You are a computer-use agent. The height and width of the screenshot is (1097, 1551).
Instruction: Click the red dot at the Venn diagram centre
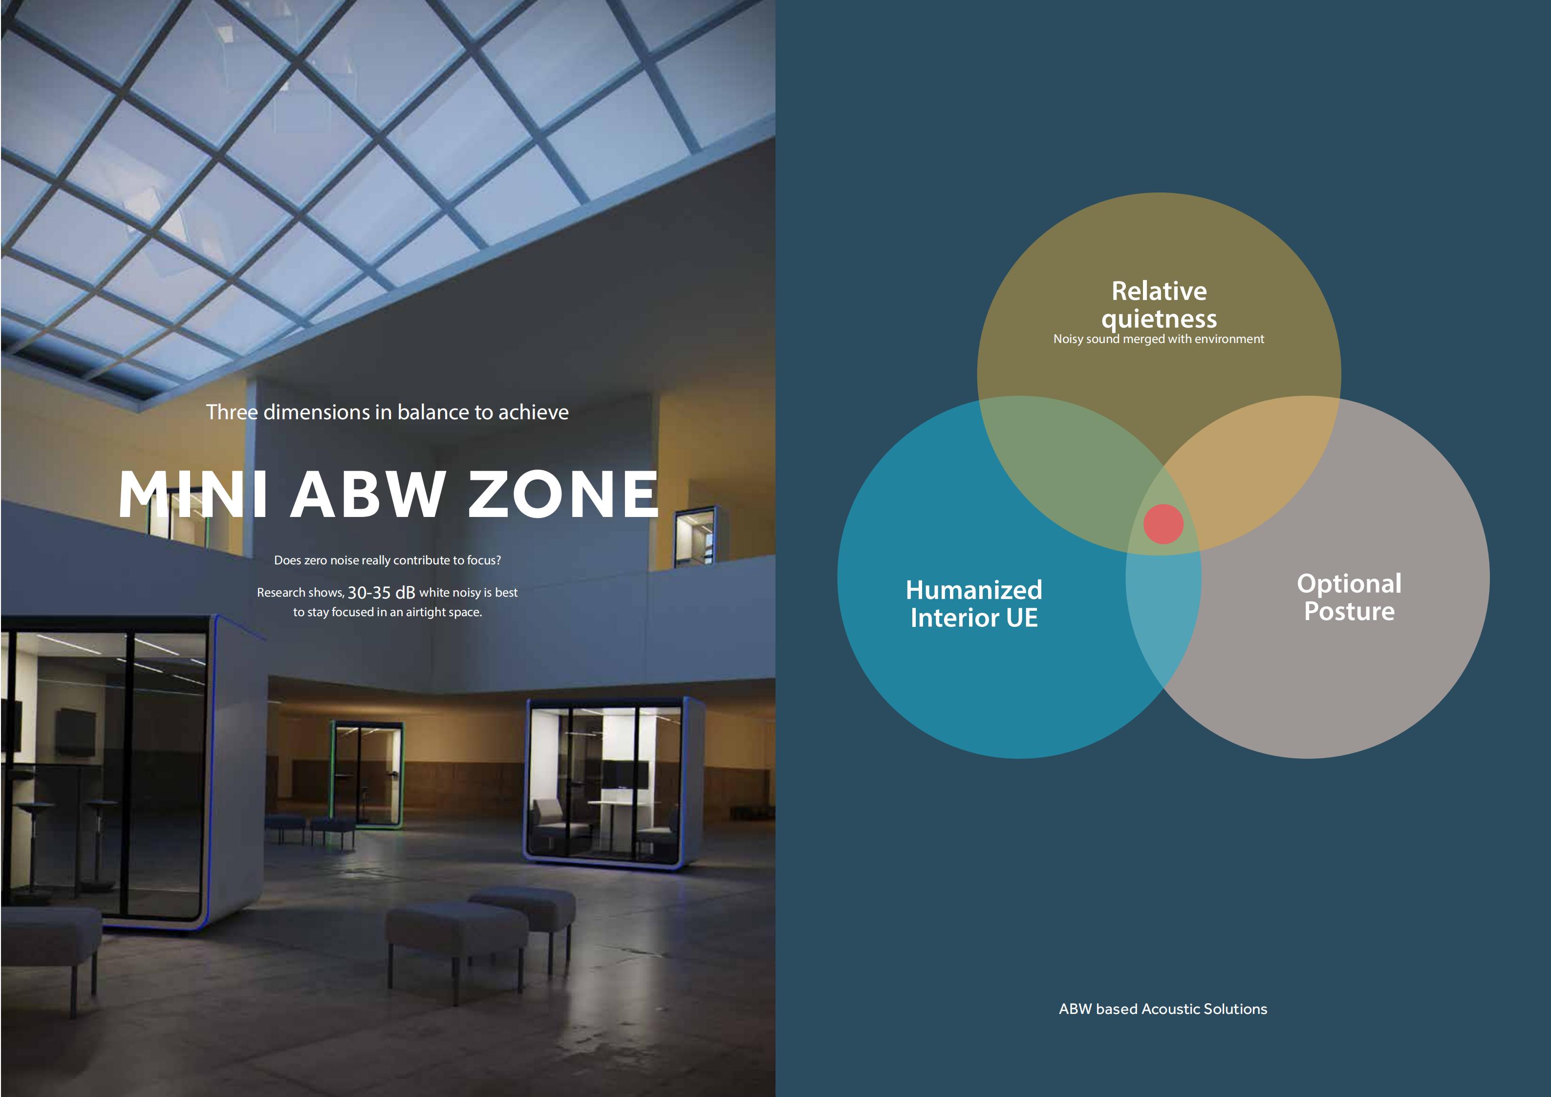[x=1163, y=523]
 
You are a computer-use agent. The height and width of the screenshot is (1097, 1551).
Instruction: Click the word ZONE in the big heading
[x=563, y=494]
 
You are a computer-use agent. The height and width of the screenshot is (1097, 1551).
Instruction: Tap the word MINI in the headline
[x=193, y=494]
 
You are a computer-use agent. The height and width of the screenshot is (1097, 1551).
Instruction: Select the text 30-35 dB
[x=381, y=592]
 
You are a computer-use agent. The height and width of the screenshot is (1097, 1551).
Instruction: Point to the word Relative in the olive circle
[x=1159, y=291]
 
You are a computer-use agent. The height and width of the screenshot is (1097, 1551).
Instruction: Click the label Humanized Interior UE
[x=974, y=603]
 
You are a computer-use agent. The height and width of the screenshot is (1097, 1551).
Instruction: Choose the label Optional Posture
[x=1349, y=597]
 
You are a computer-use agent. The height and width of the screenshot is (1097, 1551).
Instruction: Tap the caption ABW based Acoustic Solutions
[x=1163, y=1009]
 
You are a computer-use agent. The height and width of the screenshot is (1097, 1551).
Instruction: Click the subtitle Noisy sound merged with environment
[x=1159, y=339]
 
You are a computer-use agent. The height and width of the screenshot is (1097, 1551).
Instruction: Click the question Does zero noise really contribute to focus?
[x=387, y=560]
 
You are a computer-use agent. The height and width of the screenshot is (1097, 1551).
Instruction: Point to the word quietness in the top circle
[x=1159, y=319]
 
